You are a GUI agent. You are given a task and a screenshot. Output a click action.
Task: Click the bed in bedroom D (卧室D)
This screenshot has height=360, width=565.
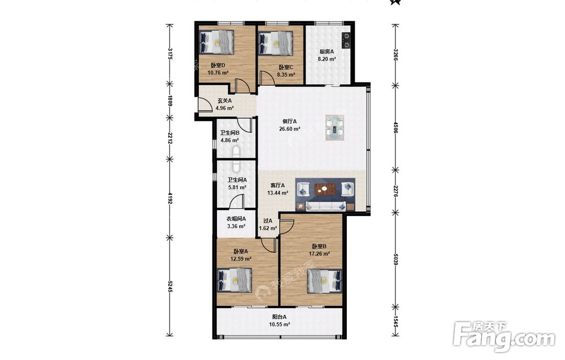pos(216,42)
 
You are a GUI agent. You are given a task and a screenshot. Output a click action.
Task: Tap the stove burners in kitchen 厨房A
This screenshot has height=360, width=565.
pos(346,40)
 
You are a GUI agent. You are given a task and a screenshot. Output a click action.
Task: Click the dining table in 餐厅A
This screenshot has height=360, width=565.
pos(334,128)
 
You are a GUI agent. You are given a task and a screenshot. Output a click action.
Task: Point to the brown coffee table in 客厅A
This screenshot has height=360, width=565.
pos(325,189)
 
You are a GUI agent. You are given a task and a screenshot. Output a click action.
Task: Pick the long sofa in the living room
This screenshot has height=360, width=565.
pos(326,206)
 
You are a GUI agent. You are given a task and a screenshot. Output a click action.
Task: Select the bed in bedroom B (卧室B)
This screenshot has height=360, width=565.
pos(324,281)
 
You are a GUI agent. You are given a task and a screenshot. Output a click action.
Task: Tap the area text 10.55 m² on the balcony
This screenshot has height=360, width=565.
pos(280,324)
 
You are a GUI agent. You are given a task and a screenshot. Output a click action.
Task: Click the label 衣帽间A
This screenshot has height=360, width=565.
pos(236,219)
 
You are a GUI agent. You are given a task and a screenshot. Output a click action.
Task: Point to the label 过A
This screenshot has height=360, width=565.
pos(268,220)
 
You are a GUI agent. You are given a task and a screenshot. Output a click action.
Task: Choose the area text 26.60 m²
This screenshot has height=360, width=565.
pos(290,129)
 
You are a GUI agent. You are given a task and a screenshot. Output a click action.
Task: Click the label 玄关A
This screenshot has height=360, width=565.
pos(224,101)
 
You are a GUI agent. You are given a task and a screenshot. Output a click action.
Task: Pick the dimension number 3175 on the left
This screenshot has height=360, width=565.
pos(170,54)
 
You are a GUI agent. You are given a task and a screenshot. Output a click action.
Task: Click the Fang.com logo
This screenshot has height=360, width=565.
pos(505,337)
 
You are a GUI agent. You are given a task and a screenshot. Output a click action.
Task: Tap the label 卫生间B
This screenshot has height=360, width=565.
pos(229,133)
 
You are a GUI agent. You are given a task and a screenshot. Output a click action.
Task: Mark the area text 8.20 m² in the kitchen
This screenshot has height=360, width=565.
pos(327,59)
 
